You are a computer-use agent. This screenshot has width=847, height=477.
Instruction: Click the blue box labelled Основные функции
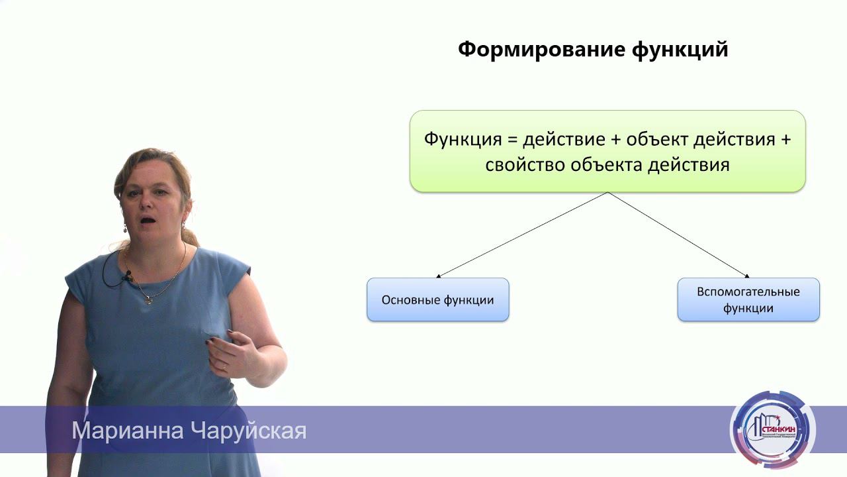point(437,300)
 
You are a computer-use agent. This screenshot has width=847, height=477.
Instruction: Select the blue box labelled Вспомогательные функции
point(748,300)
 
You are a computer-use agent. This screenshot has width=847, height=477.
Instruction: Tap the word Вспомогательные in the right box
point(748,292)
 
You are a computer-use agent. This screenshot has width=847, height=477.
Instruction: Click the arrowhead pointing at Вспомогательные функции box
point(746,276)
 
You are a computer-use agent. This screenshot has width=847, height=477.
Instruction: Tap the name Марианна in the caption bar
point(128,431)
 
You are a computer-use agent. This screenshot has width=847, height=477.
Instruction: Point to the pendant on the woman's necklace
point(150,300)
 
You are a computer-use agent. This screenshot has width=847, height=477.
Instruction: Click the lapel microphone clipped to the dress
point(126,276)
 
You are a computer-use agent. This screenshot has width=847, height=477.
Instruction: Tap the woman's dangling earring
point(124,229)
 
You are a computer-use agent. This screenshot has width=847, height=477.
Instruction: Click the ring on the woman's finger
point(224,365)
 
